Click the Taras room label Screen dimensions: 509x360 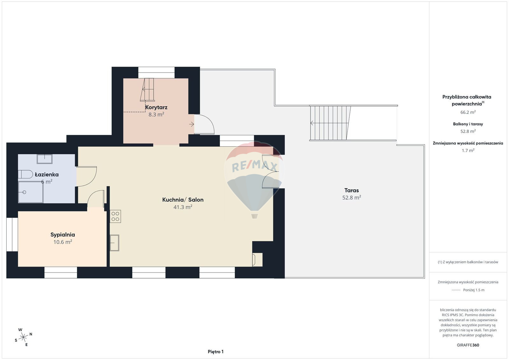point(352,190)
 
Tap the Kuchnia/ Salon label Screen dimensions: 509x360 point(183,200)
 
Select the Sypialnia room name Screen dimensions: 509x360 point(62,235)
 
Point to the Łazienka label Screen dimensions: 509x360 point(47,175)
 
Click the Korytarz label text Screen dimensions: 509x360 point(156,107)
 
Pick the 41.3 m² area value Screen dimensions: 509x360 point(183,207)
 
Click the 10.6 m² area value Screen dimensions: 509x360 point(62,242)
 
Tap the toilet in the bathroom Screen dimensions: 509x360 point(25,174)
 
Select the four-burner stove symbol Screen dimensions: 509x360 point(115,216)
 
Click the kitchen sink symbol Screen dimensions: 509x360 point(115,243)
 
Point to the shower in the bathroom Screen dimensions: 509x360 point(31,192)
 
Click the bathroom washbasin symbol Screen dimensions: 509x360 point(45,159)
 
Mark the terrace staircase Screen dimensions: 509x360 point(331,123)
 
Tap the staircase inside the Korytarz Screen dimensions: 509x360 point(148,90)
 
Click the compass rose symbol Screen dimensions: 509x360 point(23,337)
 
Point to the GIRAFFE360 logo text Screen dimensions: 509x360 point(468,345)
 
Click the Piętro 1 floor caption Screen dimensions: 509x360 point(216,352)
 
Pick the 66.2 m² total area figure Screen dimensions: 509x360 point(468,112)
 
